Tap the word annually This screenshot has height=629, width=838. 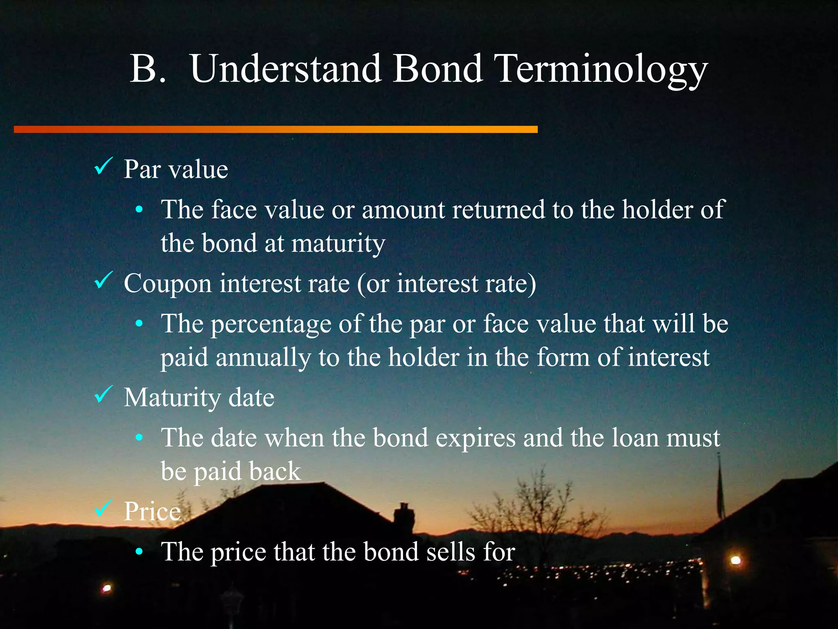[x=263, y=358]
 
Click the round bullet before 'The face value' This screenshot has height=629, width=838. [x=139, y=210]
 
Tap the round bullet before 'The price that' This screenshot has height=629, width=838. [x=139, y=552]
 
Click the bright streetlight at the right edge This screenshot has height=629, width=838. [x=736, y=560]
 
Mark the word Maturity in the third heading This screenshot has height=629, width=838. [x=172, y=398]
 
